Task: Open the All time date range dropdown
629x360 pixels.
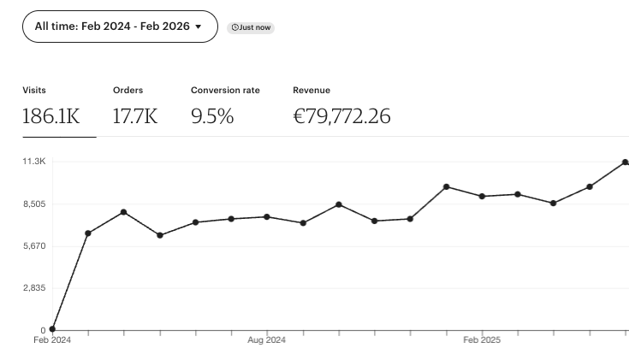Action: [x=119, y=27]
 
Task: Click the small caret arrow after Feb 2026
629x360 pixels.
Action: [x=199, y=27]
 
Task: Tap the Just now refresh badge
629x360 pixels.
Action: [x=251, y=27]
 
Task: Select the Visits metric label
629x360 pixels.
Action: [x=34, y=90]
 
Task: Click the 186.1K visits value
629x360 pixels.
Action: [x=50, y=116]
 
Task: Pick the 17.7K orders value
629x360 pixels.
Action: [x=135, y=116]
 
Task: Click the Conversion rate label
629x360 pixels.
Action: [x=225, y=90]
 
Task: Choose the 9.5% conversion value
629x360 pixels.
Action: [x=212, y=116]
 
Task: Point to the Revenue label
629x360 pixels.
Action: [x=312, y=90]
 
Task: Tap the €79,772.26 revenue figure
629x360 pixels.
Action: [x=341, y=116]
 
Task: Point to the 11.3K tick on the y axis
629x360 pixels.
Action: [x=34, y=162]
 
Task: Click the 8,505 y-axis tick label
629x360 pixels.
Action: [x=34, y=204]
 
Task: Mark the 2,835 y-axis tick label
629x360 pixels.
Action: [x=34, y=288]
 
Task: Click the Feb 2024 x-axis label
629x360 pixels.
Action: [x=52, y=340]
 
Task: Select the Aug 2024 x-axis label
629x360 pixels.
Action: [x=267, y=340]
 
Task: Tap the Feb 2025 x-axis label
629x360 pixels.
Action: [x=482, y=340]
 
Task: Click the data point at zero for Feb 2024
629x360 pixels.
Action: [x=52, y=329]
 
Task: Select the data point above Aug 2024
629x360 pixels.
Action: [x=267, y=217]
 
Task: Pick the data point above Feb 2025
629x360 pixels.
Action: [x=482, y=197]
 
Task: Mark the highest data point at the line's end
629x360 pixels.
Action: [x=625, y=162]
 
